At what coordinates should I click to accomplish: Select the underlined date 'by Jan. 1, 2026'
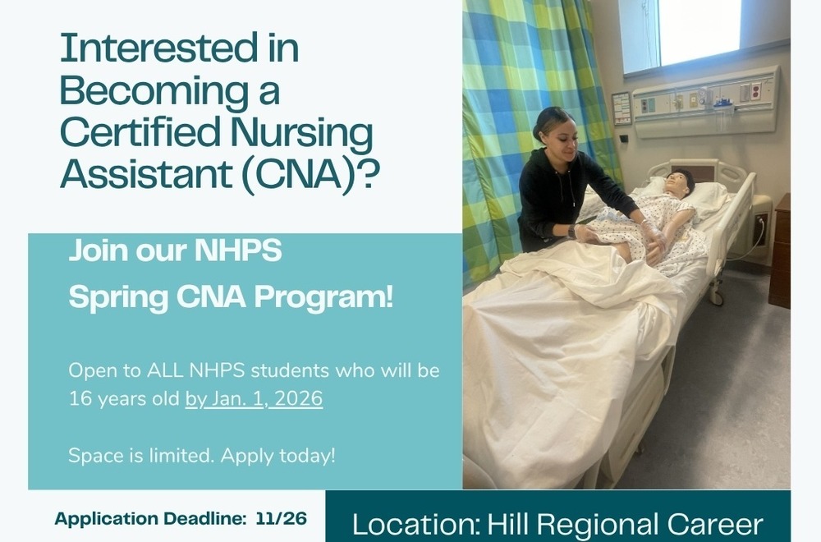point(254,400)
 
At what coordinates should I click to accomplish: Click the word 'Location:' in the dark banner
point(415,525)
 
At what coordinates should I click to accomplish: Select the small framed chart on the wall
point(621,108)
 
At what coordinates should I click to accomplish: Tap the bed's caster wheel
point(717,296)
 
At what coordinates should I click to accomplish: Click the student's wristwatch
point(571,231)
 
